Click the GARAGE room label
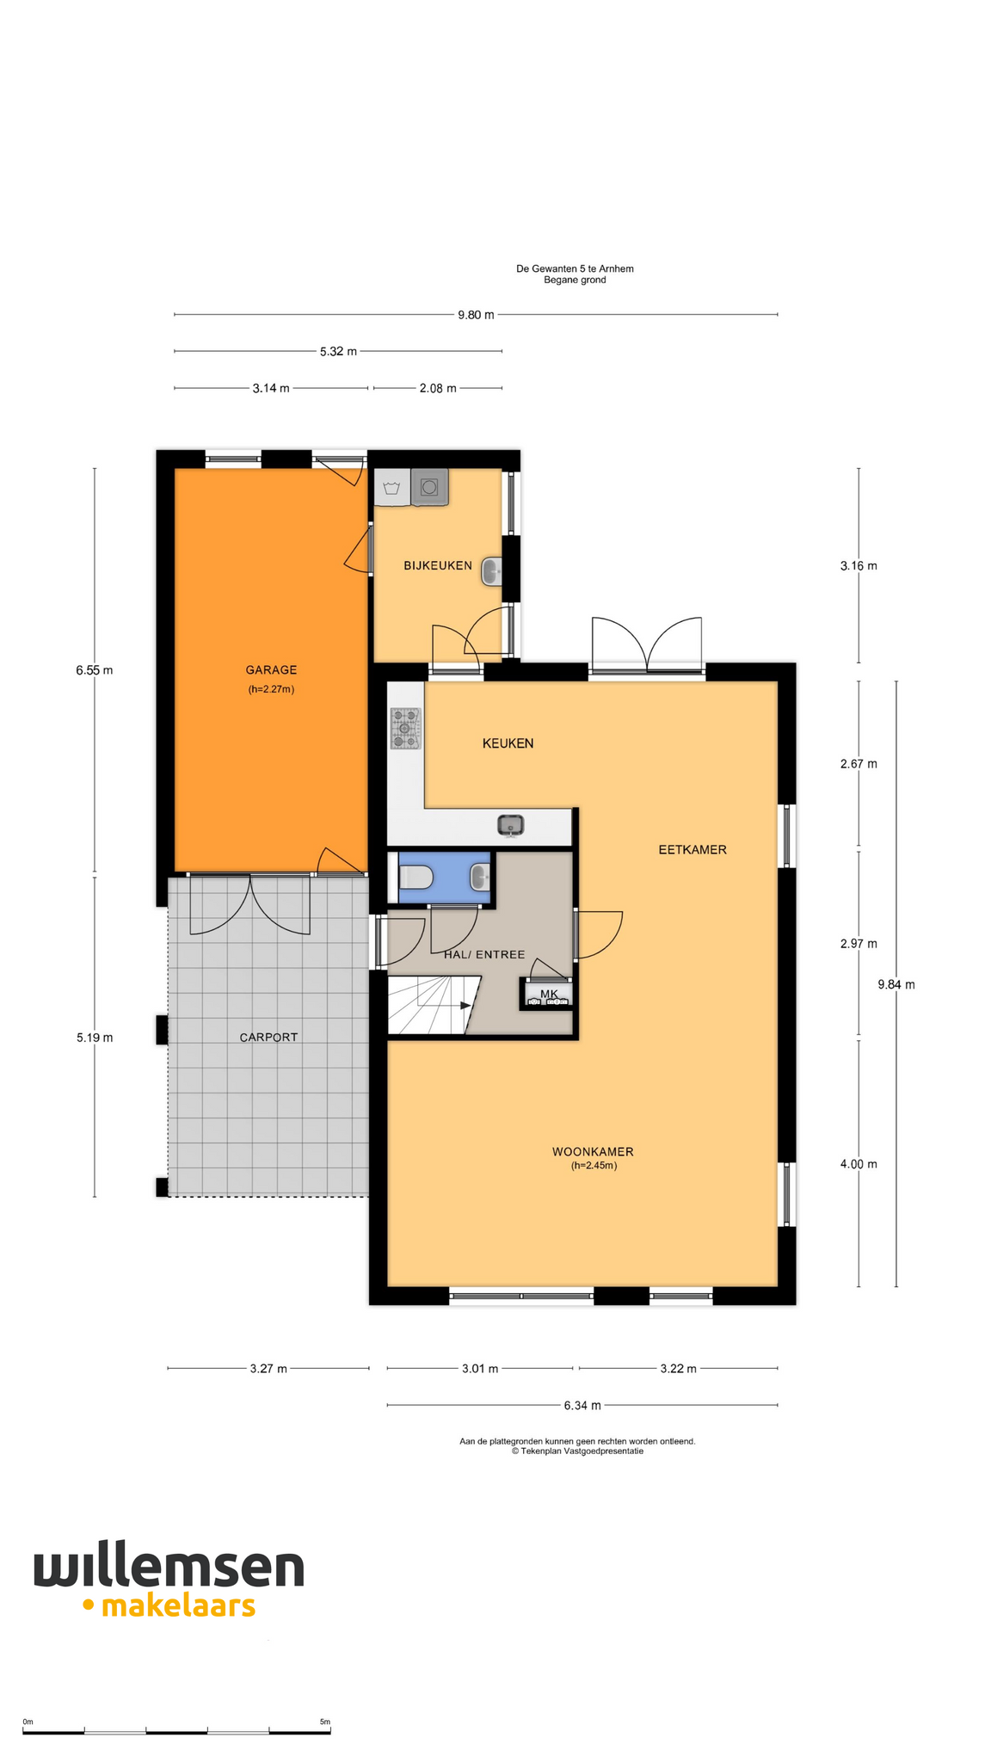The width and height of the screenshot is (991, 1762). (271, 669)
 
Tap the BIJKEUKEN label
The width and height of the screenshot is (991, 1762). (438, 565)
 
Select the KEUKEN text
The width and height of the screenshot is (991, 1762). (508, 743)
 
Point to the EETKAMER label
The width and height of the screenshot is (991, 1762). (692, 849)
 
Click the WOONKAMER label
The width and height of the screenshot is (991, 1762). (593, 1151)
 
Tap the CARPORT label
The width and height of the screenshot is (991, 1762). (268, 1037)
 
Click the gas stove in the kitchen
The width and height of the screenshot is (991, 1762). (405, 728)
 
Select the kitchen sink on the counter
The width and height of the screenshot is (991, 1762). (510, 826)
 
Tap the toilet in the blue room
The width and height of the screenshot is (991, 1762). (415, 878)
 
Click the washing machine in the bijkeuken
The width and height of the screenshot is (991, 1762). (430, 487)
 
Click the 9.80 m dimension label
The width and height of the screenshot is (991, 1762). (476, 315)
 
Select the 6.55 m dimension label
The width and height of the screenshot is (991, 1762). (95, 670)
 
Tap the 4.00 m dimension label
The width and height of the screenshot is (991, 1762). (859, 1164)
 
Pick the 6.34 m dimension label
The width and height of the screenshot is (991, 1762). (582, 1405)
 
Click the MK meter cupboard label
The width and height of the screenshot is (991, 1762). (549, 994)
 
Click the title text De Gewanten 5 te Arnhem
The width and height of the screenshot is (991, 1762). (575, 268)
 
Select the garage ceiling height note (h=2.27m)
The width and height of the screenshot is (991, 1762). (271, 689)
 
